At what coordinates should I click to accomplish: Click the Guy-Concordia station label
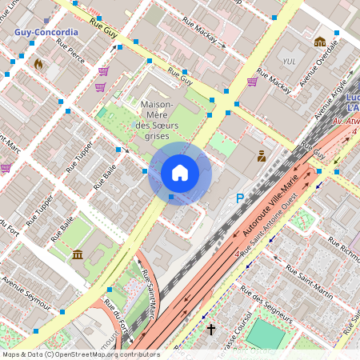pyautogui.click(x=46, y=33)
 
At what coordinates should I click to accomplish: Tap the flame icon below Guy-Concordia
pyautogui.click(x=38, y=61)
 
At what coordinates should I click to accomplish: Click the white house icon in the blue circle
pyautogui.click(x=180, y=173)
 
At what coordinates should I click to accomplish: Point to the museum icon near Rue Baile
pyautogui.click(x=78, y=254)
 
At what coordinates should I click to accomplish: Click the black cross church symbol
pyautogui.click(x=211, y=329)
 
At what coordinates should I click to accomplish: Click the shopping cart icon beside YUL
pyautogui.click(x=252, y=82)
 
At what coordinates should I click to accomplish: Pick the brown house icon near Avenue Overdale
pyautogui.click(x=320, y=42)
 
